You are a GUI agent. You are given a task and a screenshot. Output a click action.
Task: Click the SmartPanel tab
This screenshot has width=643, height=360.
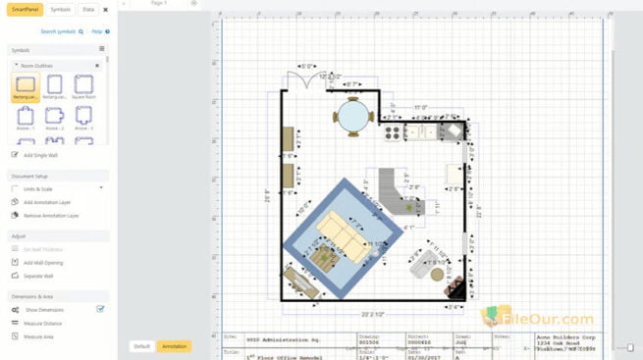26,9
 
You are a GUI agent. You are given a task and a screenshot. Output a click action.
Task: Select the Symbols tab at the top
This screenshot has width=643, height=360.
60,9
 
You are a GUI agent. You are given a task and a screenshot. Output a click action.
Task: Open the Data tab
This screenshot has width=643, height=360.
88,9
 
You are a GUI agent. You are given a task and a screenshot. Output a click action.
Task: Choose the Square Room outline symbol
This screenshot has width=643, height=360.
84,87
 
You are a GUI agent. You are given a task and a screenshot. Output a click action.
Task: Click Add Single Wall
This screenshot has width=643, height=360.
41,155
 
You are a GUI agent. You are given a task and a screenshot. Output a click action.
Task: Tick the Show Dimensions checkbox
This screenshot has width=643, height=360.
100,309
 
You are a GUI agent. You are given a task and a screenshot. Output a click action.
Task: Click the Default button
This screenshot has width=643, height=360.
142,346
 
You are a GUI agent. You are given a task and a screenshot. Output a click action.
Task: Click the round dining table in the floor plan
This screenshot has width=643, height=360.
352,116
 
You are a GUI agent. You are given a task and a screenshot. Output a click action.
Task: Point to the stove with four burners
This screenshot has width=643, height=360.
394,130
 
